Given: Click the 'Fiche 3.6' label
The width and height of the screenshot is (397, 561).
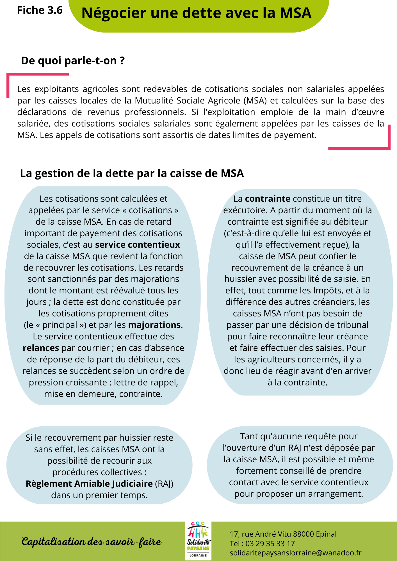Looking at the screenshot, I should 40,10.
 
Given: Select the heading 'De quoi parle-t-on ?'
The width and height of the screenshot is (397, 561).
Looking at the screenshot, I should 73,61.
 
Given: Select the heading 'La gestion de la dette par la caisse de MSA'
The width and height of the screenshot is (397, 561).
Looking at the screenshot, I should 132,173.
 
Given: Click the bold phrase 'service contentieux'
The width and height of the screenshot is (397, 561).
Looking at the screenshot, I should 137,245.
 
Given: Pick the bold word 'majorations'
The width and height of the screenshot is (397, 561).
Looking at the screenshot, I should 154,325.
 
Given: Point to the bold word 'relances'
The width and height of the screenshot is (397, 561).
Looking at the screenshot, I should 41,348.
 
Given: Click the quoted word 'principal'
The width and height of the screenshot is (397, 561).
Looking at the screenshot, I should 60,325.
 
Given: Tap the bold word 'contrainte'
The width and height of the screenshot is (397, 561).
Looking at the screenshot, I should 267,199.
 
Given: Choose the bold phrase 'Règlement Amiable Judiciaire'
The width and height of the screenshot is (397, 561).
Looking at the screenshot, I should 89,484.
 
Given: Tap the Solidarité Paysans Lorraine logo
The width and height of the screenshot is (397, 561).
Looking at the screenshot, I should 198,541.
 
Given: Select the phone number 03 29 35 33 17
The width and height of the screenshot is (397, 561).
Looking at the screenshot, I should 270,544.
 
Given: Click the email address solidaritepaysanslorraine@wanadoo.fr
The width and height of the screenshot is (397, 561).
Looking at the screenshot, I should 295,553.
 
